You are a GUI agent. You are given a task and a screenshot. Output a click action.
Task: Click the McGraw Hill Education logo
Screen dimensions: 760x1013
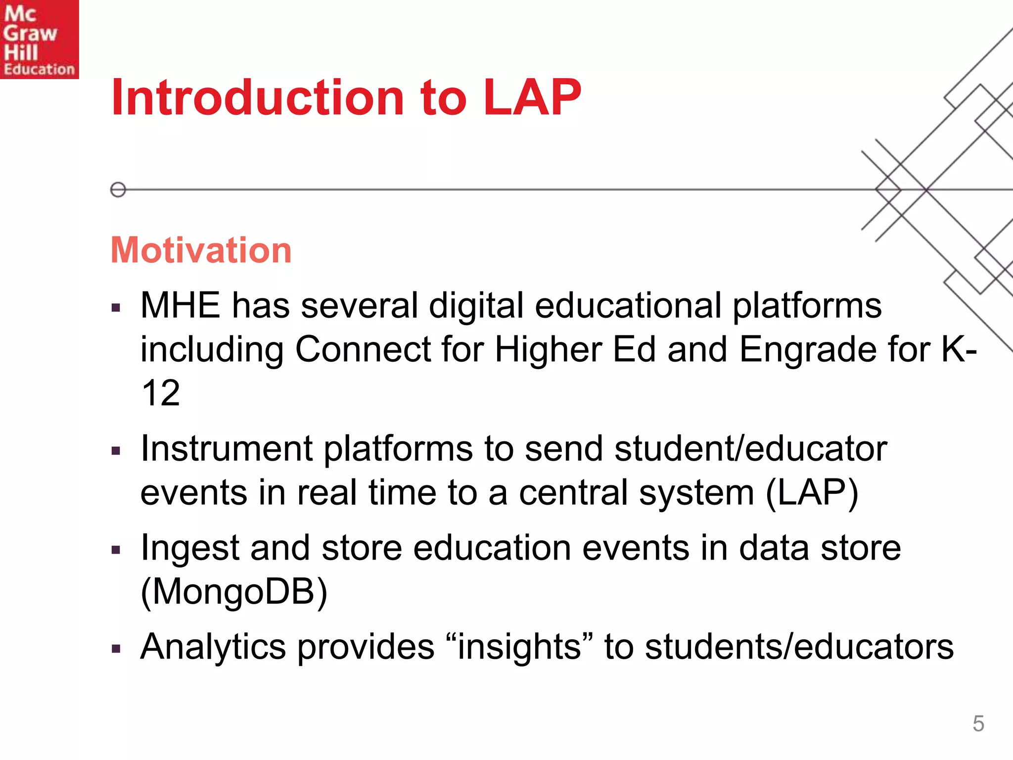click(39, 40)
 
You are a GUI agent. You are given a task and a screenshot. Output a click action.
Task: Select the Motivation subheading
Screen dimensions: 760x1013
click(201, 250)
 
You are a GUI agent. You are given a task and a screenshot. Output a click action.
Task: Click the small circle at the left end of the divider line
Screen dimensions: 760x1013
click(118, 190)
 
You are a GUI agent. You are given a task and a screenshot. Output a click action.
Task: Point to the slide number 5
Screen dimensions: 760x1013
click(978, 723)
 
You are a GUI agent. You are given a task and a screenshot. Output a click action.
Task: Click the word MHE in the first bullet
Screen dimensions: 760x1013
click(180, 305)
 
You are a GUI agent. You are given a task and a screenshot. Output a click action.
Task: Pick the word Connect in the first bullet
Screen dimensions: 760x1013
click(363, 349)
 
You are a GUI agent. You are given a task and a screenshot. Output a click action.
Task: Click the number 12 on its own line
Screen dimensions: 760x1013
click(160, 393)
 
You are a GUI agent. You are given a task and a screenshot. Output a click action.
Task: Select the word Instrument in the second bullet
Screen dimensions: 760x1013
click(227, 449)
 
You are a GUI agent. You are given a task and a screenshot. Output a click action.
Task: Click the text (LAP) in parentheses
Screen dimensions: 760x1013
click(812, 492)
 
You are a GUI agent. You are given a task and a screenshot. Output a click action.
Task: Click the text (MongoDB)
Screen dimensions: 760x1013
click(234, 592)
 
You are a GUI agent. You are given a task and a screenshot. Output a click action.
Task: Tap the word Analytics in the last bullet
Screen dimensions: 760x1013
click(213, 647)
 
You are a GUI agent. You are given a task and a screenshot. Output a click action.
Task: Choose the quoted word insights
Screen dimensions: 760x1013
click(519, 647)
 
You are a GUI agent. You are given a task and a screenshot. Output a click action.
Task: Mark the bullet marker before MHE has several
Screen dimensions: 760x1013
click(116, 308)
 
